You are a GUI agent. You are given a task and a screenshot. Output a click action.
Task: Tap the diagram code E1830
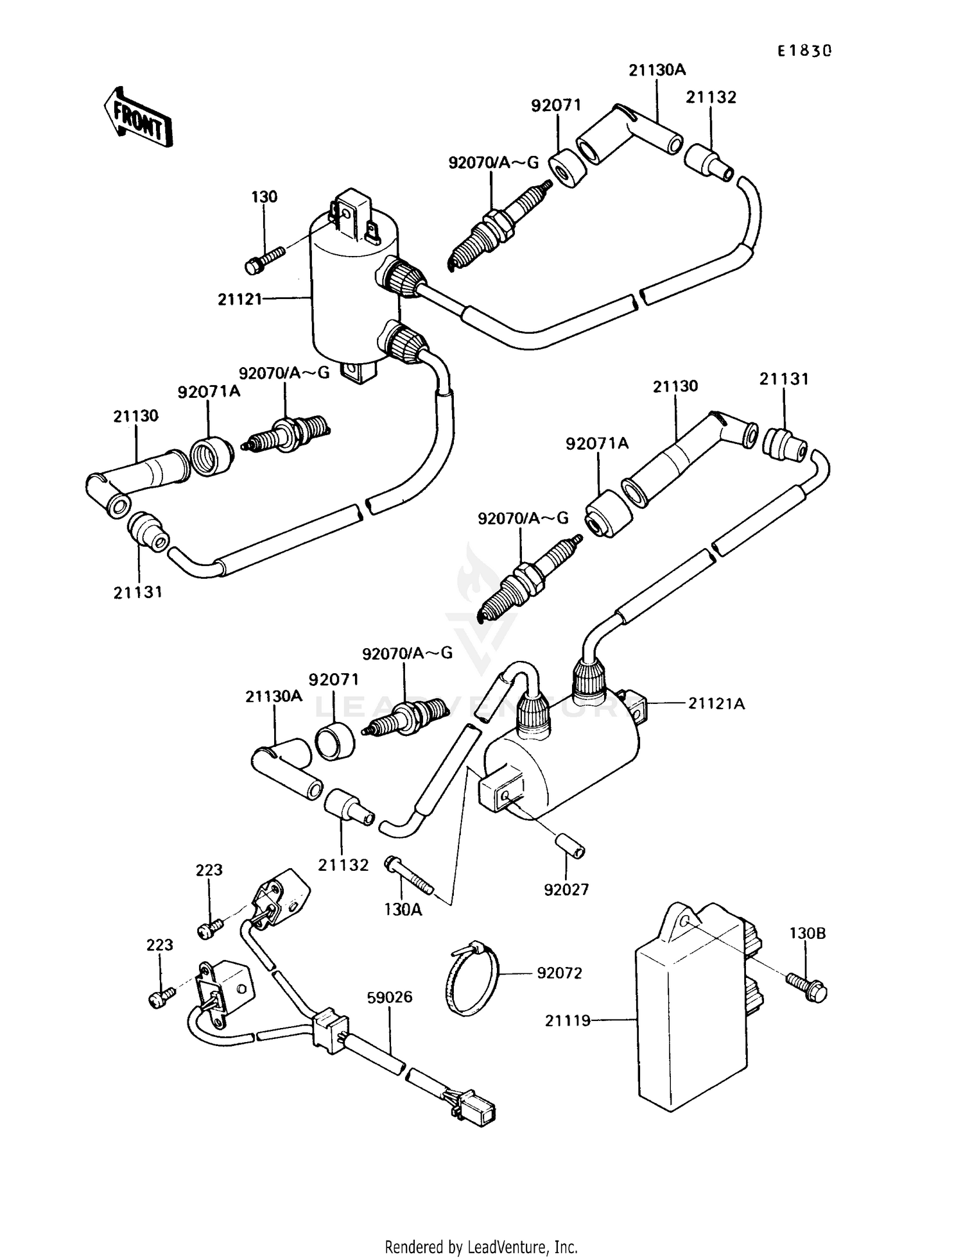coord(804,51)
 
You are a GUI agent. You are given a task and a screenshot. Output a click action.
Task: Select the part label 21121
coord(239,298)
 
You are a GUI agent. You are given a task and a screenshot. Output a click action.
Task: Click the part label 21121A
coord(716,704)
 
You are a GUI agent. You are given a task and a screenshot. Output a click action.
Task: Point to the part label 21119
coord(568,1020)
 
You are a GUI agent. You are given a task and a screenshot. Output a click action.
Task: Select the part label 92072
coord(559,973)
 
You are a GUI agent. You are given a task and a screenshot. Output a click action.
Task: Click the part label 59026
coord(389,997)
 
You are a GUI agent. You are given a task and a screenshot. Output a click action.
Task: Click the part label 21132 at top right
coord(711,98)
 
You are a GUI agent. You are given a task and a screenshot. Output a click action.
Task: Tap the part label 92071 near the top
coord(556,105)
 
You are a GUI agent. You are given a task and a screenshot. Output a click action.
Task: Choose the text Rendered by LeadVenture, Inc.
coord(481,1247)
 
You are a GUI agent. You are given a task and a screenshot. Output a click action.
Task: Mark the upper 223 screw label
coord(209,869)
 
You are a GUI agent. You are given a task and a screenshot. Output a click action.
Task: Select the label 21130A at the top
coord(657,70)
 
